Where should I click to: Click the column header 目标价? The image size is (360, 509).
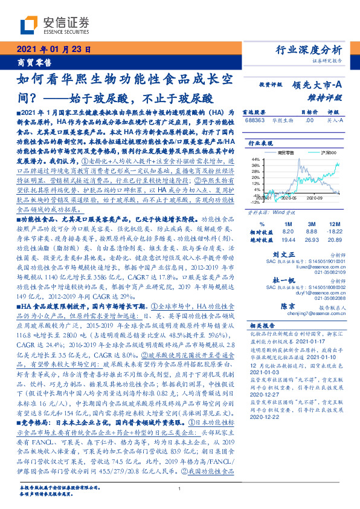tap(292, 112)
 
